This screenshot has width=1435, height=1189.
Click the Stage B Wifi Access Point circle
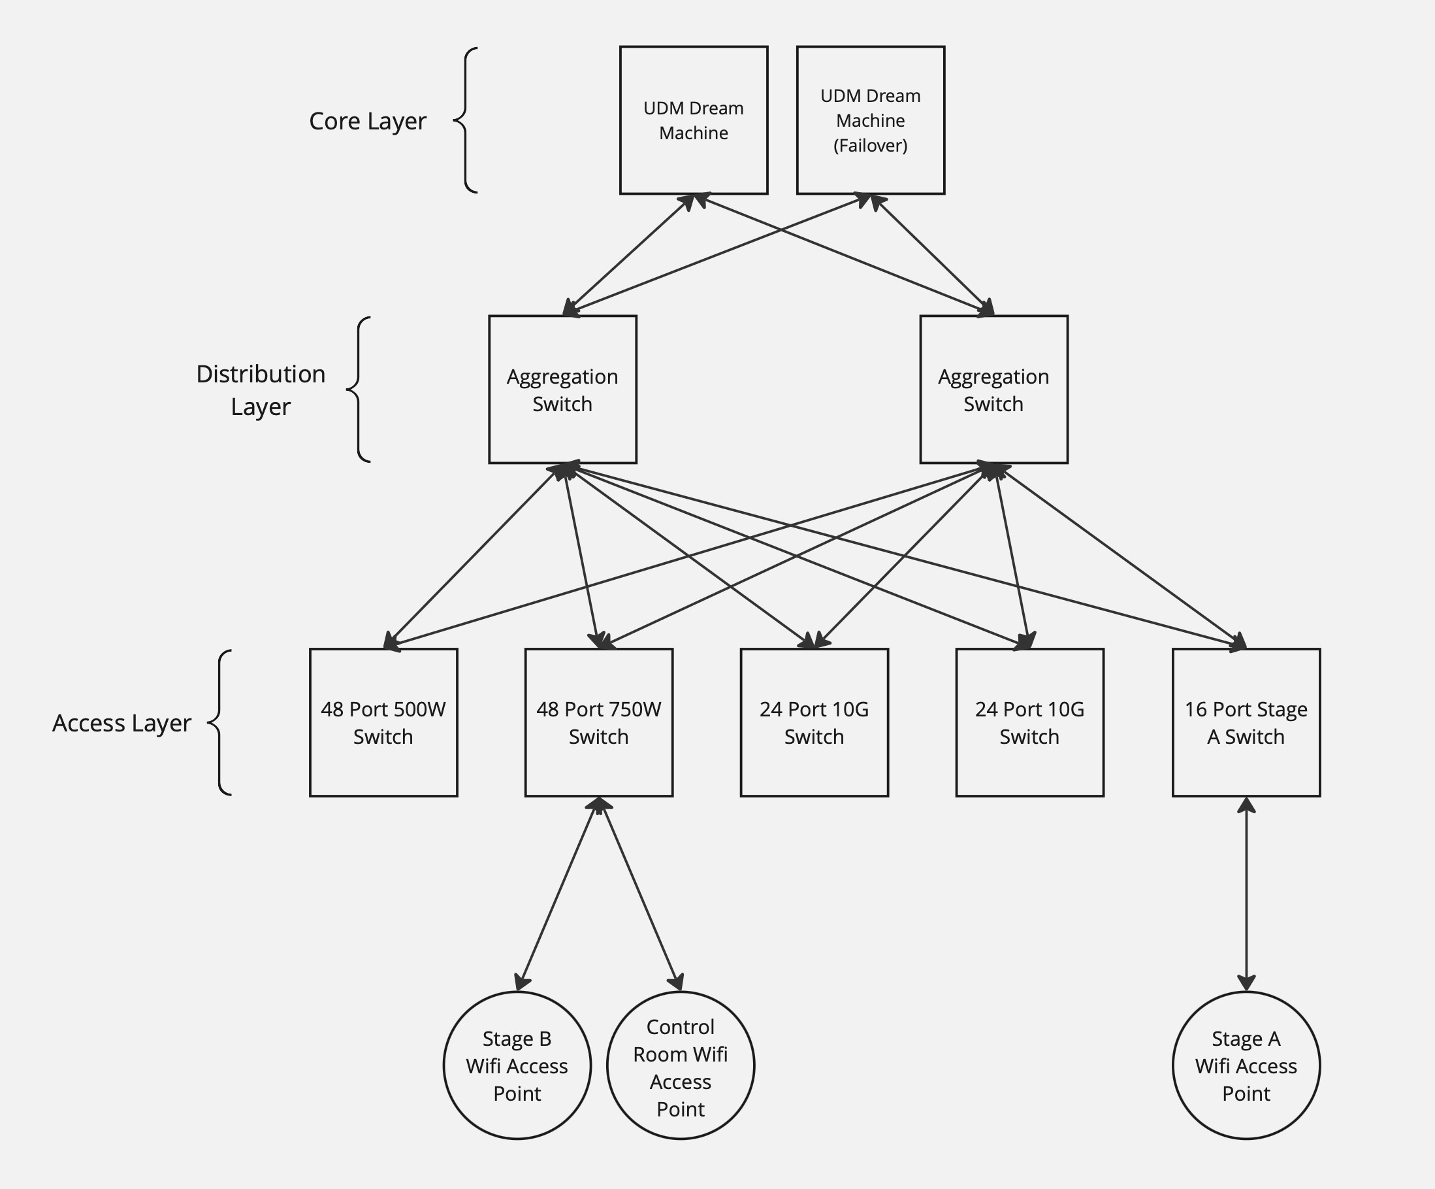tap(517, 1065)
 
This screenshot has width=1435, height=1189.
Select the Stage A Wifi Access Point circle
tap(1246, 1065)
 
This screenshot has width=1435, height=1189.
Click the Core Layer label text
tap(367, 121)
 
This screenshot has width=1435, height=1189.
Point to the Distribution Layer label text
tap(261, 390)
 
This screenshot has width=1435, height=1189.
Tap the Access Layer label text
tap(121, 723)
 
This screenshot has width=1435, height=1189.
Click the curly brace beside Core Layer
tap(464, 120)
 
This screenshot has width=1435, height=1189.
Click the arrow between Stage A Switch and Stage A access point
tap(1246, 894)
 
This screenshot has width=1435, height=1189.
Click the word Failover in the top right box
tap(870, 146)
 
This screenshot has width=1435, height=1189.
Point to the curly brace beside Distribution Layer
tap(357, 389)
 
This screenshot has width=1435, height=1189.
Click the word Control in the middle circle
tap(680, 1027)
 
